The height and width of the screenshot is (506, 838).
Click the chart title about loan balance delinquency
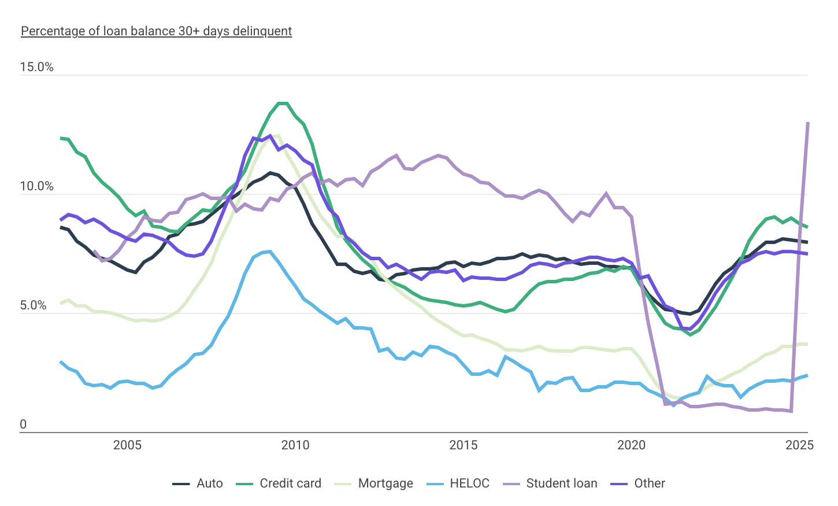coord(156,31)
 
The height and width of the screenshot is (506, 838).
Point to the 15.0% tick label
coord(36,67)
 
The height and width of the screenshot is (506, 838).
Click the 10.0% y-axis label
coord(36,186)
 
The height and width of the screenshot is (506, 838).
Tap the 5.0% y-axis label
coord(33,305)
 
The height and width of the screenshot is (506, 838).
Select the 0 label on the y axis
coord(23,424)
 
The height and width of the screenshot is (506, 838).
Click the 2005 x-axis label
coord(127,445)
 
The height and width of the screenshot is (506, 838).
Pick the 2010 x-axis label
coord(295,445)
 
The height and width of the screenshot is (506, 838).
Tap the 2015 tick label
coord(464,445)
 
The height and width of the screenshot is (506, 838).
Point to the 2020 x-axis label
coord(632,445)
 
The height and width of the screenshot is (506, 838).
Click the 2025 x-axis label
coord(800,445)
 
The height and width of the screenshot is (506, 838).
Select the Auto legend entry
coord(198,483)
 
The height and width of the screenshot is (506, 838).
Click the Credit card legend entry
coord(279,483)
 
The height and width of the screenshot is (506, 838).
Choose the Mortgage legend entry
coord(374,483)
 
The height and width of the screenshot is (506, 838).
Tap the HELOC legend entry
coord(458,483)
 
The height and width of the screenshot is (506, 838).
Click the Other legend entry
coord(638,483)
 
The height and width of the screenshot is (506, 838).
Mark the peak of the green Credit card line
coord(283,104)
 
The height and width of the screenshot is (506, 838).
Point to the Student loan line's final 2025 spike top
coord(807,123)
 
